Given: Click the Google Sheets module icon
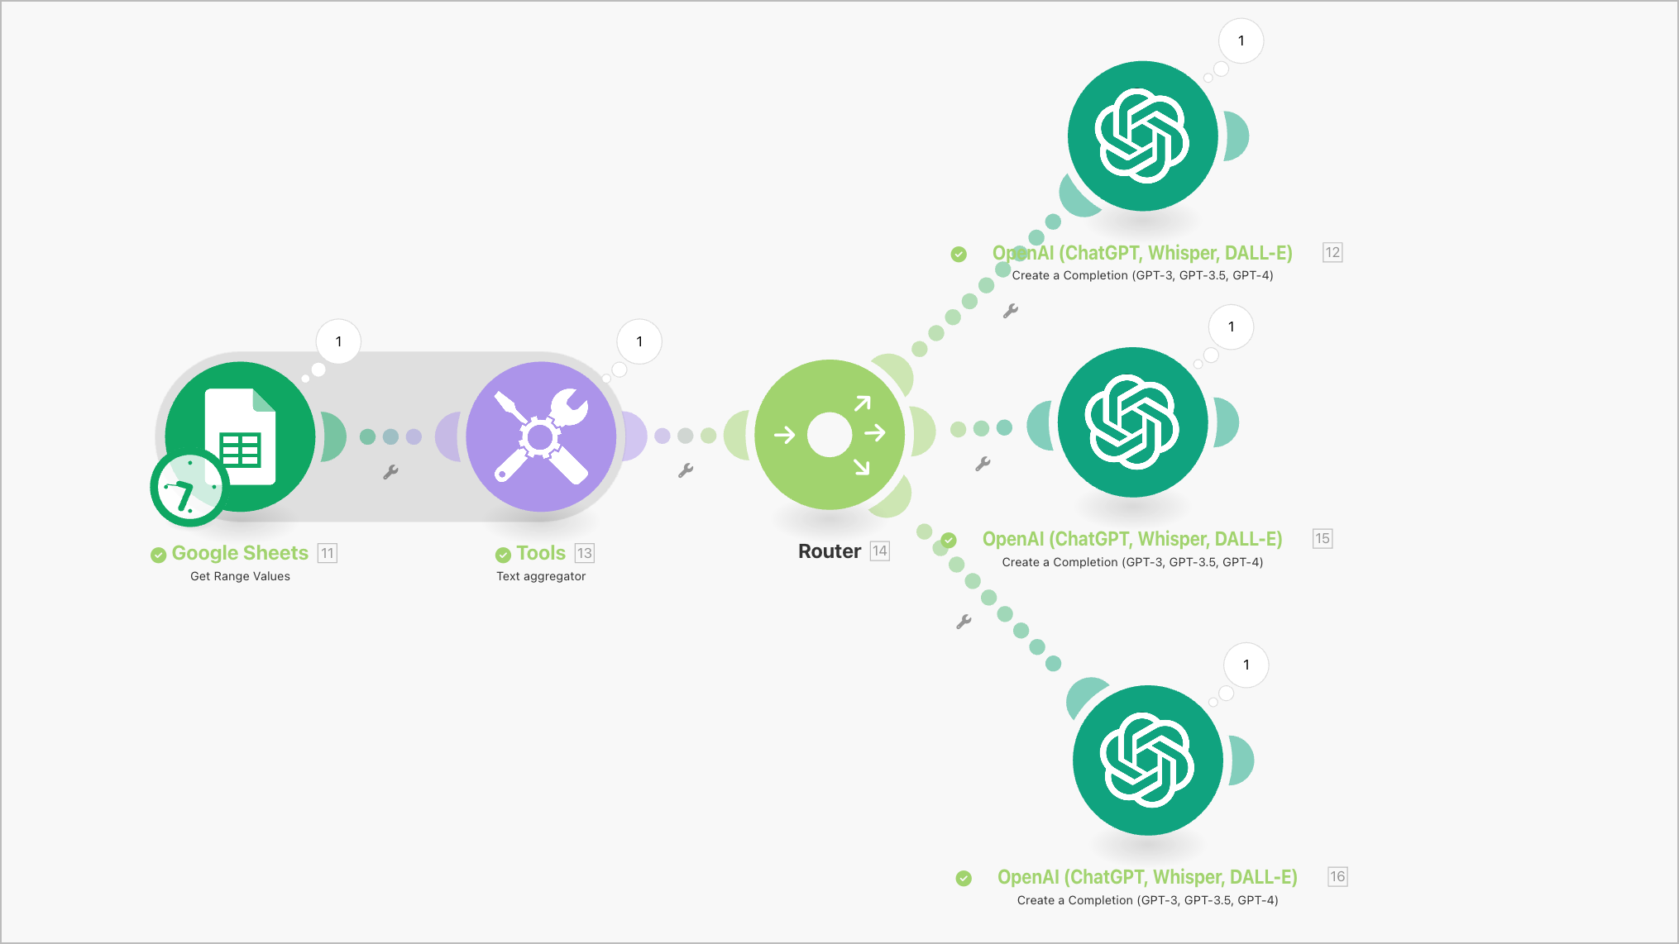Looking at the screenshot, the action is pyautogui.click(x=240, y=436).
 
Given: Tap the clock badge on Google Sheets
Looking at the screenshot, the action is pyautogui.click(x=189, y=489).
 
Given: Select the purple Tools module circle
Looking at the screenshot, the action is pyautogui.click(x=541, y=436).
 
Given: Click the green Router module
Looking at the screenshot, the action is pyautogui.click(x=830, y=435).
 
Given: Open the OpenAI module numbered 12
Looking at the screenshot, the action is pyautogui.click(x=1142, y=136).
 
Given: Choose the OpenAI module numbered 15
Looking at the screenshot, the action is pyautogui.click(x=1132, y=422).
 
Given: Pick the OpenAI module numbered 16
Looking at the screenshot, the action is pyautogui.click(x=1148, y=760).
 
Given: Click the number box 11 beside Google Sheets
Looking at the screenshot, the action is pyautogui.click(x=328, y=553).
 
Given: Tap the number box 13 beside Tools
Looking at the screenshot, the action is pyautogui.click(x=585, y=553).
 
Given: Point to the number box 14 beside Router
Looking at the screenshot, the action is pyautogui.click(x=880, y=551).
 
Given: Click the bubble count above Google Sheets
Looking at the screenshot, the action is pyautogui.click(x=338, y=341).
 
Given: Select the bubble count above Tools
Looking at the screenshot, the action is pyautogui.click(x=639, y=341).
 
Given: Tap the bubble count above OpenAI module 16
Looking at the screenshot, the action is pyautogui.click(x=1246, y=665).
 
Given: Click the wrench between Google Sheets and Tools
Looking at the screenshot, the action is pyautogui.click(x=390, y=472).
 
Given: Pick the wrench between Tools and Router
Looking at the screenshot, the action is pyautogui.click(x=686, y=470).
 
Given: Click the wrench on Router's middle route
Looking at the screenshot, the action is pyautogui.click(x=983, y=465).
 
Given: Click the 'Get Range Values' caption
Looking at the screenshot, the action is pyautogui.click(x=240, y=576).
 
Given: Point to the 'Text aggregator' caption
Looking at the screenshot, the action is pyautogui.click(x=541, y=576).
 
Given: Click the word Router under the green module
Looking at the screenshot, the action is pyautogui.click(x=830, y=551).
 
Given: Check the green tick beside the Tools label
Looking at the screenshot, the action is pyautogui.click(x=503, y=555).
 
